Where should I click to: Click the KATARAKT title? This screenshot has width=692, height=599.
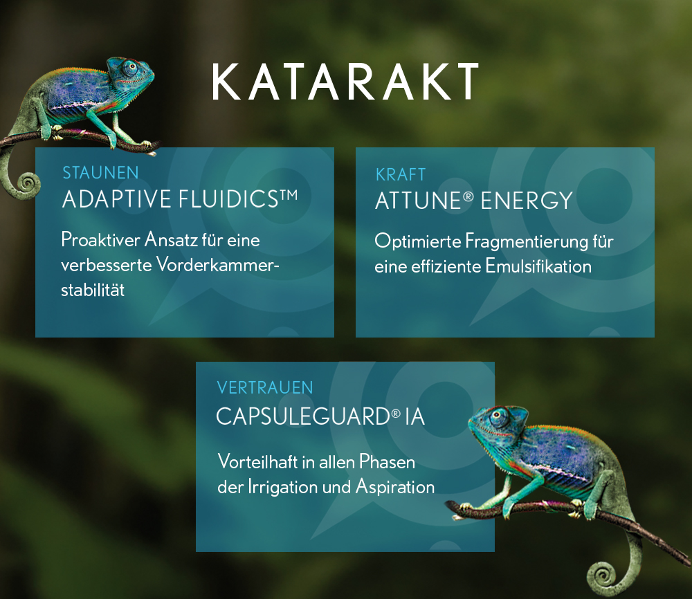click(345, 82)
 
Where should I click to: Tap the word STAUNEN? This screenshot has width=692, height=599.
click(100, 172)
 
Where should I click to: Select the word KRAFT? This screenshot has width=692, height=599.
click(400, 175)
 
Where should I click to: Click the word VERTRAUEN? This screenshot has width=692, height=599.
click(265, 388)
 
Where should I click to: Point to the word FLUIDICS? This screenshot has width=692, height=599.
click(228, 199)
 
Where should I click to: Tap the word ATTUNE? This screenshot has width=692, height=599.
click(418, 201)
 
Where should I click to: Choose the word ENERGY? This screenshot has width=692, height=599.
click(527, 201)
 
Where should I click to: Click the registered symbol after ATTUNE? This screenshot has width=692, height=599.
click(468, 196)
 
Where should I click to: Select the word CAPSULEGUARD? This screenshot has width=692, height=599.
click(303, 416)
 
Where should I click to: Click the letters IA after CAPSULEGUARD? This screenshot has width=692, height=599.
click(415, 417)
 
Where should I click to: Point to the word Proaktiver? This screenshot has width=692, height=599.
click(100, 240)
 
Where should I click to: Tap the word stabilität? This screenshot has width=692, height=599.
click(93, 290)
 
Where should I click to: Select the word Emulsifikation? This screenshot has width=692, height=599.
click(538, 266)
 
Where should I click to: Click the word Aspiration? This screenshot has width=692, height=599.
click(395, 488)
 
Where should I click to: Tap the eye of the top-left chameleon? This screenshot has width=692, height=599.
click(131, 67)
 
